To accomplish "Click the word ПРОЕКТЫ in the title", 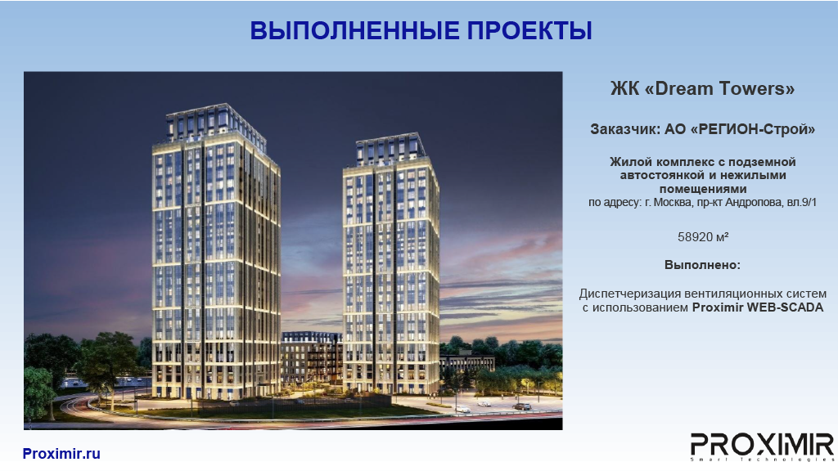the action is (529, 30).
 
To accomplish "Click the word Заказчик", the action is (624, 129).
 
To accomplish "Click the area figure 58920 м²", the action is (703, 237).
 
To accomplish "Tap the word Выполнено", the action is (701, 265).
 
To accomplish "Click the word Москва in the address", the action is (673, 203).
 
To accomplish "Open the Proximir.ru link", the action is (61, 454).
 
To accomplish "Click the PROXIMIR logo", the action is (762, 446).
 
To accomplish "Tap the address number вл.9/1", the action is (802, 203).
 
